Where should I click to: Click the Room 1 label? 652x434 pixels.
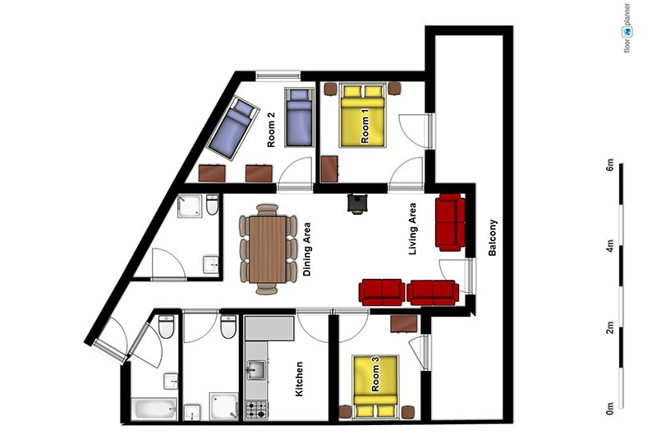pos(365,129)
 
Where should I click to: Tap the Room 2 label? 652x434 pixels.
pos(271,133)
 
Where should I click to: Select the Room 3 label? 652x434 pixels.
pos(375,378)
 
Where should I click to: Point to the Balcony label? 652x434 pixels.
pos(493,238)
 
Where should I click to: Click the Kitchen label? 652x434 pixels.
pos(299,379)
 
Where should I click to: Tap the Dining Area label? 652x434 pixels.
pos(307,249)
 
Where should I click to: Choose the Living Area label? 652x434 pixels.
pos(412,229)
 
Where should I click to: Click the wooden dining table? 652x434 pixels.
pos(268,249)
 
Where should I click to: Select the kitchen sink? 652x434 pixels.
pos(256,370)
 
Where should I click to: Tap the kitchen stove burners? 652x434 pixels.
pos(256,409)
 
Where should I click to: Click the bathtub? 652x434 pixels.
pos(154,409)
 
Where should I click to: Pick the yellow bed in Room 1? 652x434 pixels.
pos(362,116)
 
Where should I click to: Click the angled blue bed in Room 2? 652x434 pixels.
pos(233,128)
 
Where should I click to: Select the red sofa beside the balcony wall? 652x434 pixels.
pos(450,222)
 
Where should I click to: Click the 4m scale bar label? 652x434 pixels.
pos(610,246)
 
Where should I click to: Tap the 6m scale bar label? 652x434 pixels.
pos(610,165)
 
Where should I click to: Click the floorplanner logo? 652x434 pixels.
pos(627,28)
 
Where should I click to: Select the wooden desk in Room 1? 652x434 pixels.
pos(329,169)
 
